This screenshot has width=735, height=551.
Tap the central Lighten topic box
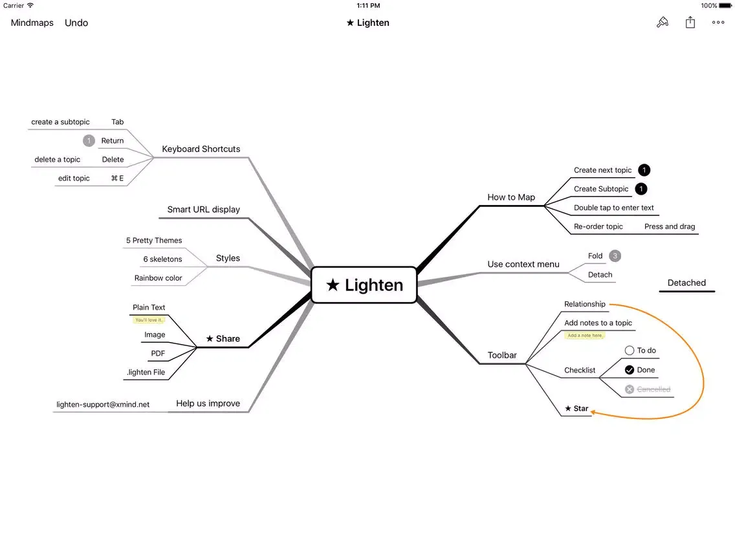[x=364, y=285]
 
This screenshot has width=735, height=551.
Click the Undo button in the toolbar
[x=76, y=23]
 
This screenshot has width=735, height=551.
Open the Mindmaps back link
[x=32, y=23]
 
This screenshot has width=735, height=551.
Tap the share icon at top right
[x=690, y=23]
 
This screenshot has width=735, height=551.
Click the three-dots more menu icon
[x=718, y=23]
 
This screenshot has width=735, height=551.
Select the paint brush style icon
[x=662, y=23]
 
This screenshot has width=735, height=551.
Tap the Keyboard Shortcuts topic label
[x=201, y=149]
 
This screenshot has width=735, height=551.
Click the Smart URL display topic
[x=203, y=210]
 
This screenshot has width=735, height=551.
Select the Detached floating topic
[x=686, y=283]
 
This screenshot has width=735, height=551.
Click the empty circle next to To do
[x=630, y=351]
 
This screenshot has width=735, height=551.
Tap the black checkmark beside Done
[x=630, y=370]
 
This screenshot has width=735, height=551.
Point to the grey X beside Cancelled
[x=630, y=389]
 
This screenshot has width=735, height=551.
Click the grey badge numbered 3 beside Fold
[x=615, y=256]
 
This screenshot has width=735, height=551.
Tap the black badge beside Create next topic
[x=644, y=170]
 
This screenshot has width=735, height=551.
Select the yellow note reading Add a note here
[x=584, y=336]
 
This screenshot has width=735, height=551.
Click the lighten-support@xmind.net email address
[x=103, y=405]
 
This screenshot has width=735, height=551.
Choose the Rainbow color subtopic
[x=158, y=278]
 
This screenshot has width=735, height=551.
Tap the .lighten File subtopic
[x=146, y=372]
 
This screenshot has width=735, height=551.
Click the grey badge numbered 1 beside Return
[x=89, y=140]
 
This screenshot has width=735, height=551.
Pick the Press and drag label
[x=670, y=226]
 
